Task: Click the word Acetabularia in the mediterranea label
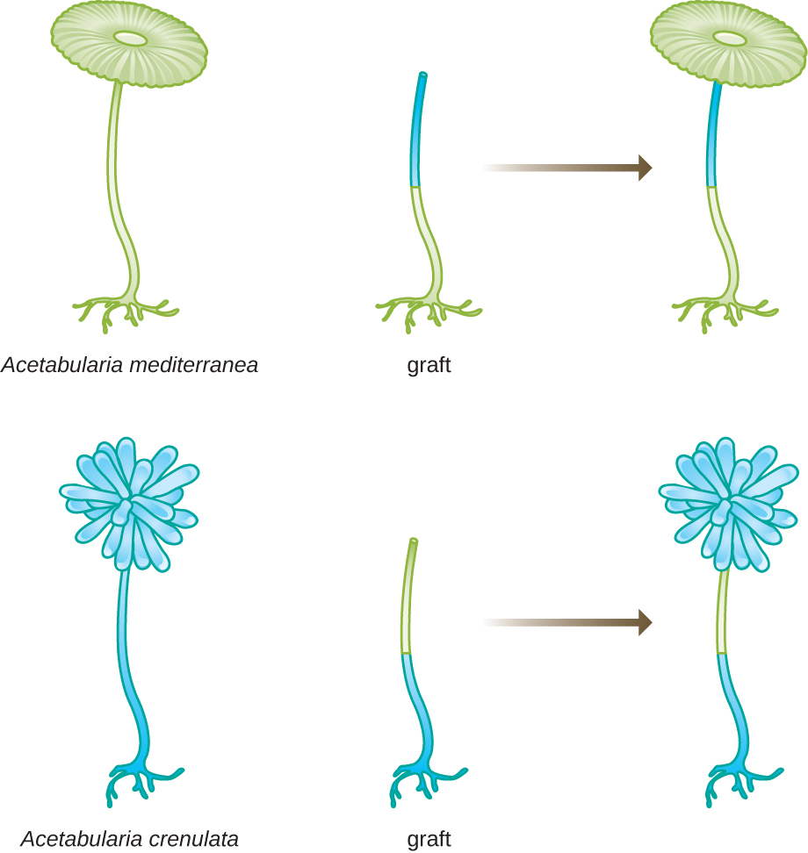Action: click(x=62, y=364)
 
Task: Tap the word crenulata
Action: click(x=193, y=839)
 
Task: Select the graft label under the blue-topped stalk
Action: click(x=429, y=366)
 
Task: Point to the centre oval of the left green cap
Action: click(x=130, y=38)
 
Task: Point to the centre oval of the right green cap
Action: click(x=729, y=38)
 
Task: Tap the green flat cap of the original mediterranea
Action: click(x=129, y=43)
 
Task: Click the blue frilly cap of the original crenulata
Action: click(x=129, y=505)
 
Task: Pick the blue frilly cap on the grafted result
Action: click(x=728, y=505)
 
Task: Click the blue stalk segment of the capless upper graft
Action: click(x=417, y=130)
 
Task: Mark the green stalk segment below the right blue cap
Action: click(x=723, y=611)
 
